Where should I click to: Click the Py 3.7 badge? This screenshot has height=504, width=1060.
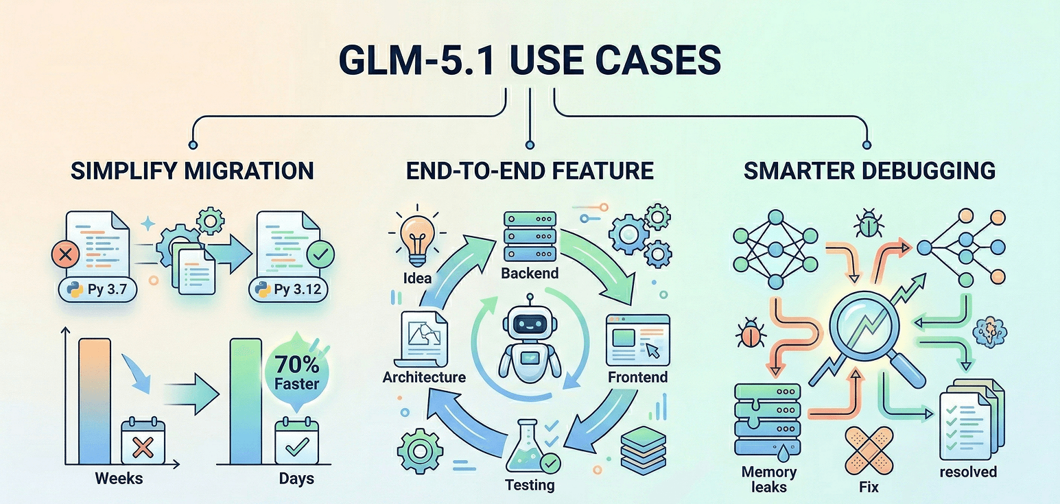point(99,290)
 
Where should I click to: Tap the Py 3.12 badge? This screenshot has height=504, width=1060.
point(288,289)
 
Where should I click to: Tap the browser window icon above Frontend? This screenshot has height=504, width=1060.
point(637,339)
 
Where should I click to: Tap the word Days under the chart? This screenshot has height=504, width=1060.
point(296,478)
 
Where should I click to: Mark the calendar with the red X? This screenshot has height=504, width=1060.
point(143,442)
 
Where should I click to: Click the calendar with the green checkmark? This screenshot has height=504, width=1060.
point(296,442)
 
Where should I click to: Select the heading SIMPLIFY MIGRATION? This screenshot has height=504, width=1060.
point(192,171)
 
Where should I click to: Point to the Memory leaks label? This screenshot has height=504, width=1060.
point(769,479)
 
